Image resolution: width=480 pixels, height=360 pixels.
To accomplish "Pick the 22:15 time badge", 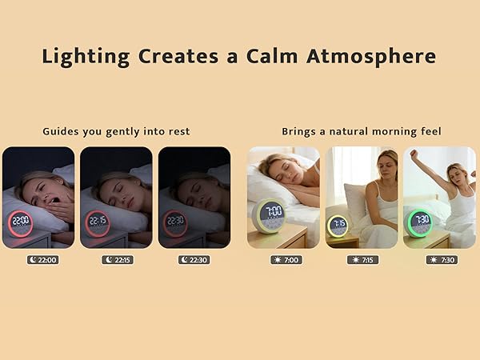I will pyautogui.click(x=117, y=259).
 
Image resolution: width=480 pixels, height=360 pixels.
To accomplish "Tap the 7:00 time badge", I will pyautogui.click(x=286, y=259).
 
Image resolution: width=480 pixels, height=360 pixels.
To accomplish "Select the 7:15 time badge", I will pyautogui.click(x=363, y=259).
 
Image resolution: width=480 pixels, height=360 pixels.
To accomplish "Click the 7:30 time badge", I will pyautogui.click(x=440, y=259).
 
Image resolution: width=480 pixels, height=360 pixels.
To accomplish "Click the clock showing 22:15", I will pyautogui.click(x=97, y=222).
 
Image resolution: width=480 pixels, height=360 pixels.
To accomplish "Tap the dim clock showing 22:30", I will pyautogui.click(x=174, y=222).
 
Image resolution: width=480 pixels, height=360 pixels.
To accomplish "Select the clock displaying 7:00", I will pyautogui.click(x=272, y=214).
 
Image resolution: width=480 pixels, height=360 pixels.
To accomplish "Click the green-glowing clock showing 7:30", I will pyautogui.click(x=421, y=221).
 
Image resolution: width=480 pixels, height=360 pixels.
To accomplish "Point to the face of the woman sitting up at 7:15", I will pyautogui.click(x=386, y=167).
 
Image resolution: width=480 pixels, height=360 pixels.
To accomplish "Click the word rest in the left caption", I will pyautogui.click(x=180, y=131).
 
